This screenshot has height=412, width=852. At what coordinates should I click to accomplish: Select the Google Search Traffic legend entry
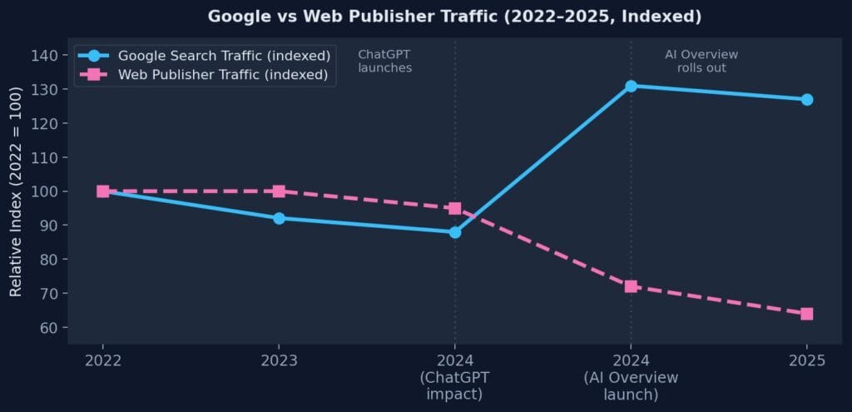click(x=224, y=56)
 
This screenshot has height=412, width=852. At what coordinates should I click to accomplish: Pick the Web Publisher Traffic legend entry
click(x=222, y=75)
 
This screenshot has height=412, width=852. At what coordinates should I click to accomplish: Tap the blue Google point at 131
click(x=631, y=86)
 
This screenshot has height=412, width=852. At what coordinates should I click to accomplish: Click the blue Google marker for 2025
click(x=806, y=99)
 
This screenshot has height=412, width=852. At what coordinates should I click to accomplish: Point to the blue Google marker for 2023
click(x=279, y=218)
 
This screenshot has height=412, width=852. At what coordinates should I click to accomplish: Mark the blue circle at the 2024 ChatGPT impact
click(x=454, y=232)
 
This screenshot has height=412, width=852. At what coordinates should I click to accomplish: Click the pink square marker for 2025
click(x=806, y=314)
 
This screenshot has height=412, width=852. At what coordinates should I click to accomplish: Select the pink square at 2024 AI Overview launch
click(x=631, y=286)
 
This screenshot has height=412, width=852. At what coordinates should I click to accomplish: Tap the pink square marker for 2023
click(x=279, y=191)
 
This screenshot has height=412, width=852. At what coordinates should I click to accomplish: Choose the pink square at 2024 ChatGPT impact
click(x=454, y=208)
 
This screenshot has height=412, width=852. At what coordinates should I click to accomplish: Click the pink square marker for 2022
click(x=103, y=191)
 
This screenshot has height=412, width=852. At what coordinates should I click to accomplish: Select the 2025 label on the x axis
click(x=806, y=360)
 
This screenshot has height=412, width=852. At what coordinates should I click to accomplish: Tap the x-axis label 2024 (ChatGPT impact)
click(x=454, y=377)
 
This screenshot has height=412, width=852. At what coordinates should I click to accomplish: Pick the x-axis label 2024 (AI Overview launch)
click(x=631, y=377)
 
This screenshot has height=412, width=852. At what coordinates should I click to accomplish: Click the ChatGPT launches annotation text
click(x=384, y=61)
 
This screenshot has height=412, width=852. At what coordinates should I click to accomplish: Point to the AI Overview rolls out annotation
click(x=701, y=61)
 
